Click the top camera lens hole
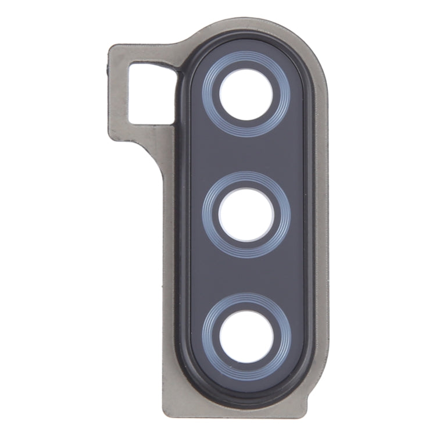tap(246, 95)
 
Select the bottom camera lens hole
tap(246, 336)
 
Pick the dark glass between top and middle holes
tap(246, 154)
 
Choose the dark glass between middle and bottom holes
tap(246, 274)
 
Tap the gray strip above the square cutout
tap(145, 55)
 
